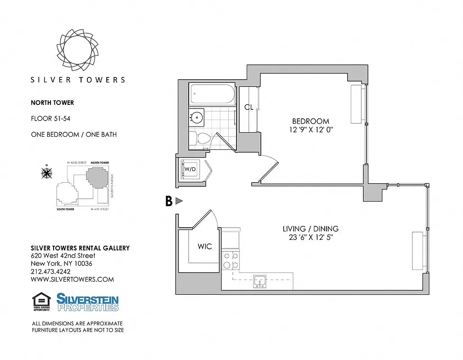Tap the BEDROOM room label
[310, 121]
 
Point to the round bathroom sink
[197, 117]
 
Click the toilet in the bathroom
[200, 138]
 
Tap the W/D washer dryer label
[190, 170]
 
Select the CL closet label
[248, 107]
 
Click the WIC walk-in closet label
[204, 246]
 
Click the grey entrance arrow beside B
[179, 201]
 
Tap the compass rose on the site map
[46, 172]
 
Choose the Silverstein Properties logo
[87, 302]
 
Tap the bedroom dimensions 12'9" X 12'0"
[310, 130]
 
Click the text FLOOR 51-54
[50, 119]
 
